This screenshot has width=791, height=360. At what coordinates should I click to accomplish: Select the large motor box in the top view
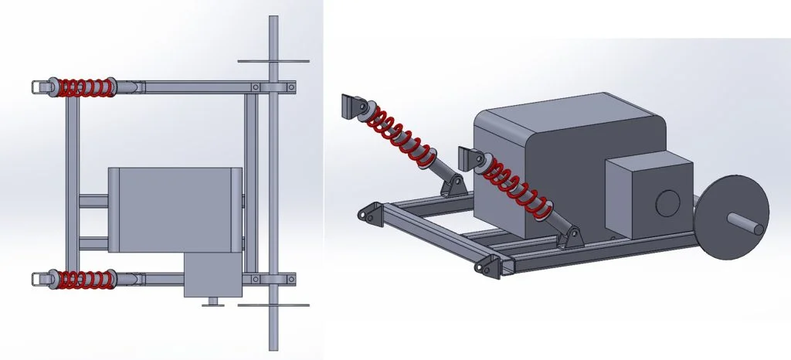[174, 209]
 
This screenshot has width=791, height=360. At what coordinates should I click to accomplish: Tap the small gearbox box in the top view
[212, 277]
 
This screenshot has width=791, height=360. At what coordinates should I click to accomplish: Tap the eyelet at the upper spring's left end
[39, 87]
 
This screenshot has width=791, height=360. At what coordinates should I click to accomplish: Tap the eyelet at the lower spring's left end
[39, 278]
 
